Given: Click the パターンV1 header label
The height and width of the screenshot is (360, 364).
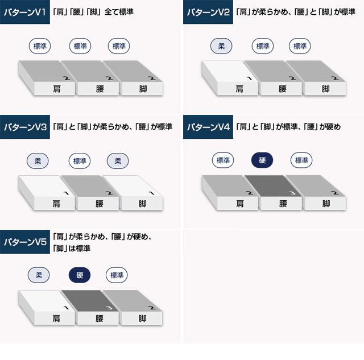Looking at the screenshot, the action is click(25, 12).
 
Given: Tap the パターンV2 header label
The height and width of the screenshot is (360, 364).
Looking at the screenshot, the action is click(208, 12).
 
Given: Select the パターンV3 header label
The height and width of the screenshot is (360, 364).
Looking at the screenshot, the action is click(25, 127).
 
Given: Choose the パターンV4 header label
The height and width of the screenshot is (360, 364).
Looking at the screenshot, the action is click(208, 127).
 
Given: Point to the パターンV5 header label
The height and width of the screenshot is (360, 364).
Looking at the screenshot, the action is click(25, 242).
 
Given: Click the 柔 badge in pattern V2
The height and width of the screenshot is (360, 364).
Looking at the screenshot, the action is click(221, 46).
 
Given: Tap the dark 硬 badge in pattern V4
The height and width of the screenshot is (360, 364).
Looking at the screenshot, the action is click(262, 160).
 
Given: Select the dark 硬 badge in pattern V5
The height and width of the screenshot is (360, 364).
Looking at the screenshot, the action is click(80, 275).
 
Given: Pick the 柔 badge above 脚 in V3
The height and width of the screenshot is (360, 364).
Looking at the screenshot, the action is click(118, 161).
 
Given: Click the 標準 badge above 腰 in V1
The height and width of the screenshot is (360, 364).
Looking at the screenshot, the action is click(80, 46).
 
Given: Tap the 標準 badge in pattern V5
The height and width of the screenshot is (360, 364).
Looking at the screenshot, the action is click(117, 275).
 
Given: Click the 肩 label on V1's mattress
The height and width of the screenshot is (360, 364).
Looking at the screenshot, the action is click(57, 89).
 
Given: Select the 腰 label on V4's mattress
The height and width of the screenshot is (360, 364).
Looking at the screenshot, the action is click(283, 204).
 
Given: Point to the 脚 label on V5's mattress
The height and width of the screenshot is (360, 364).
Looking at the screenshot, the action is click(142, 318).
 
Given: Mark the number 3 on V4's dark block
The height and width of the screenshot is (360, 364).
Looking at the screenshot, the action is click(292, 193).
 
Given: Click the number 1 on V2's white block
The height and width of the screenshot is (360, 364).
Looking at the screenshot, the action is click(249, 78).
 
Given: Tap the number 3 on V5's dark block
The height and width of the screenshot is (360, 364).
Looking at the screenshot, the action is click(109, 308).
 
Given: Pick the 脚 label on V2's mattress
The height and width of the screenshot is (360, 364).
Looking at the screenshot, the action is click(325, 89).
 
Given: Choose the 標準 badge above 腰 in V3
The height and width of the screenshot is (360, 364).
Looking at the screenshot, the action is click(80, 161).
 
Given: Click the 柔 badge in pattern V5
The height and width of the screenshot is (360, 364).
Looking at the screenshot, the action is click(39, 275).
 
